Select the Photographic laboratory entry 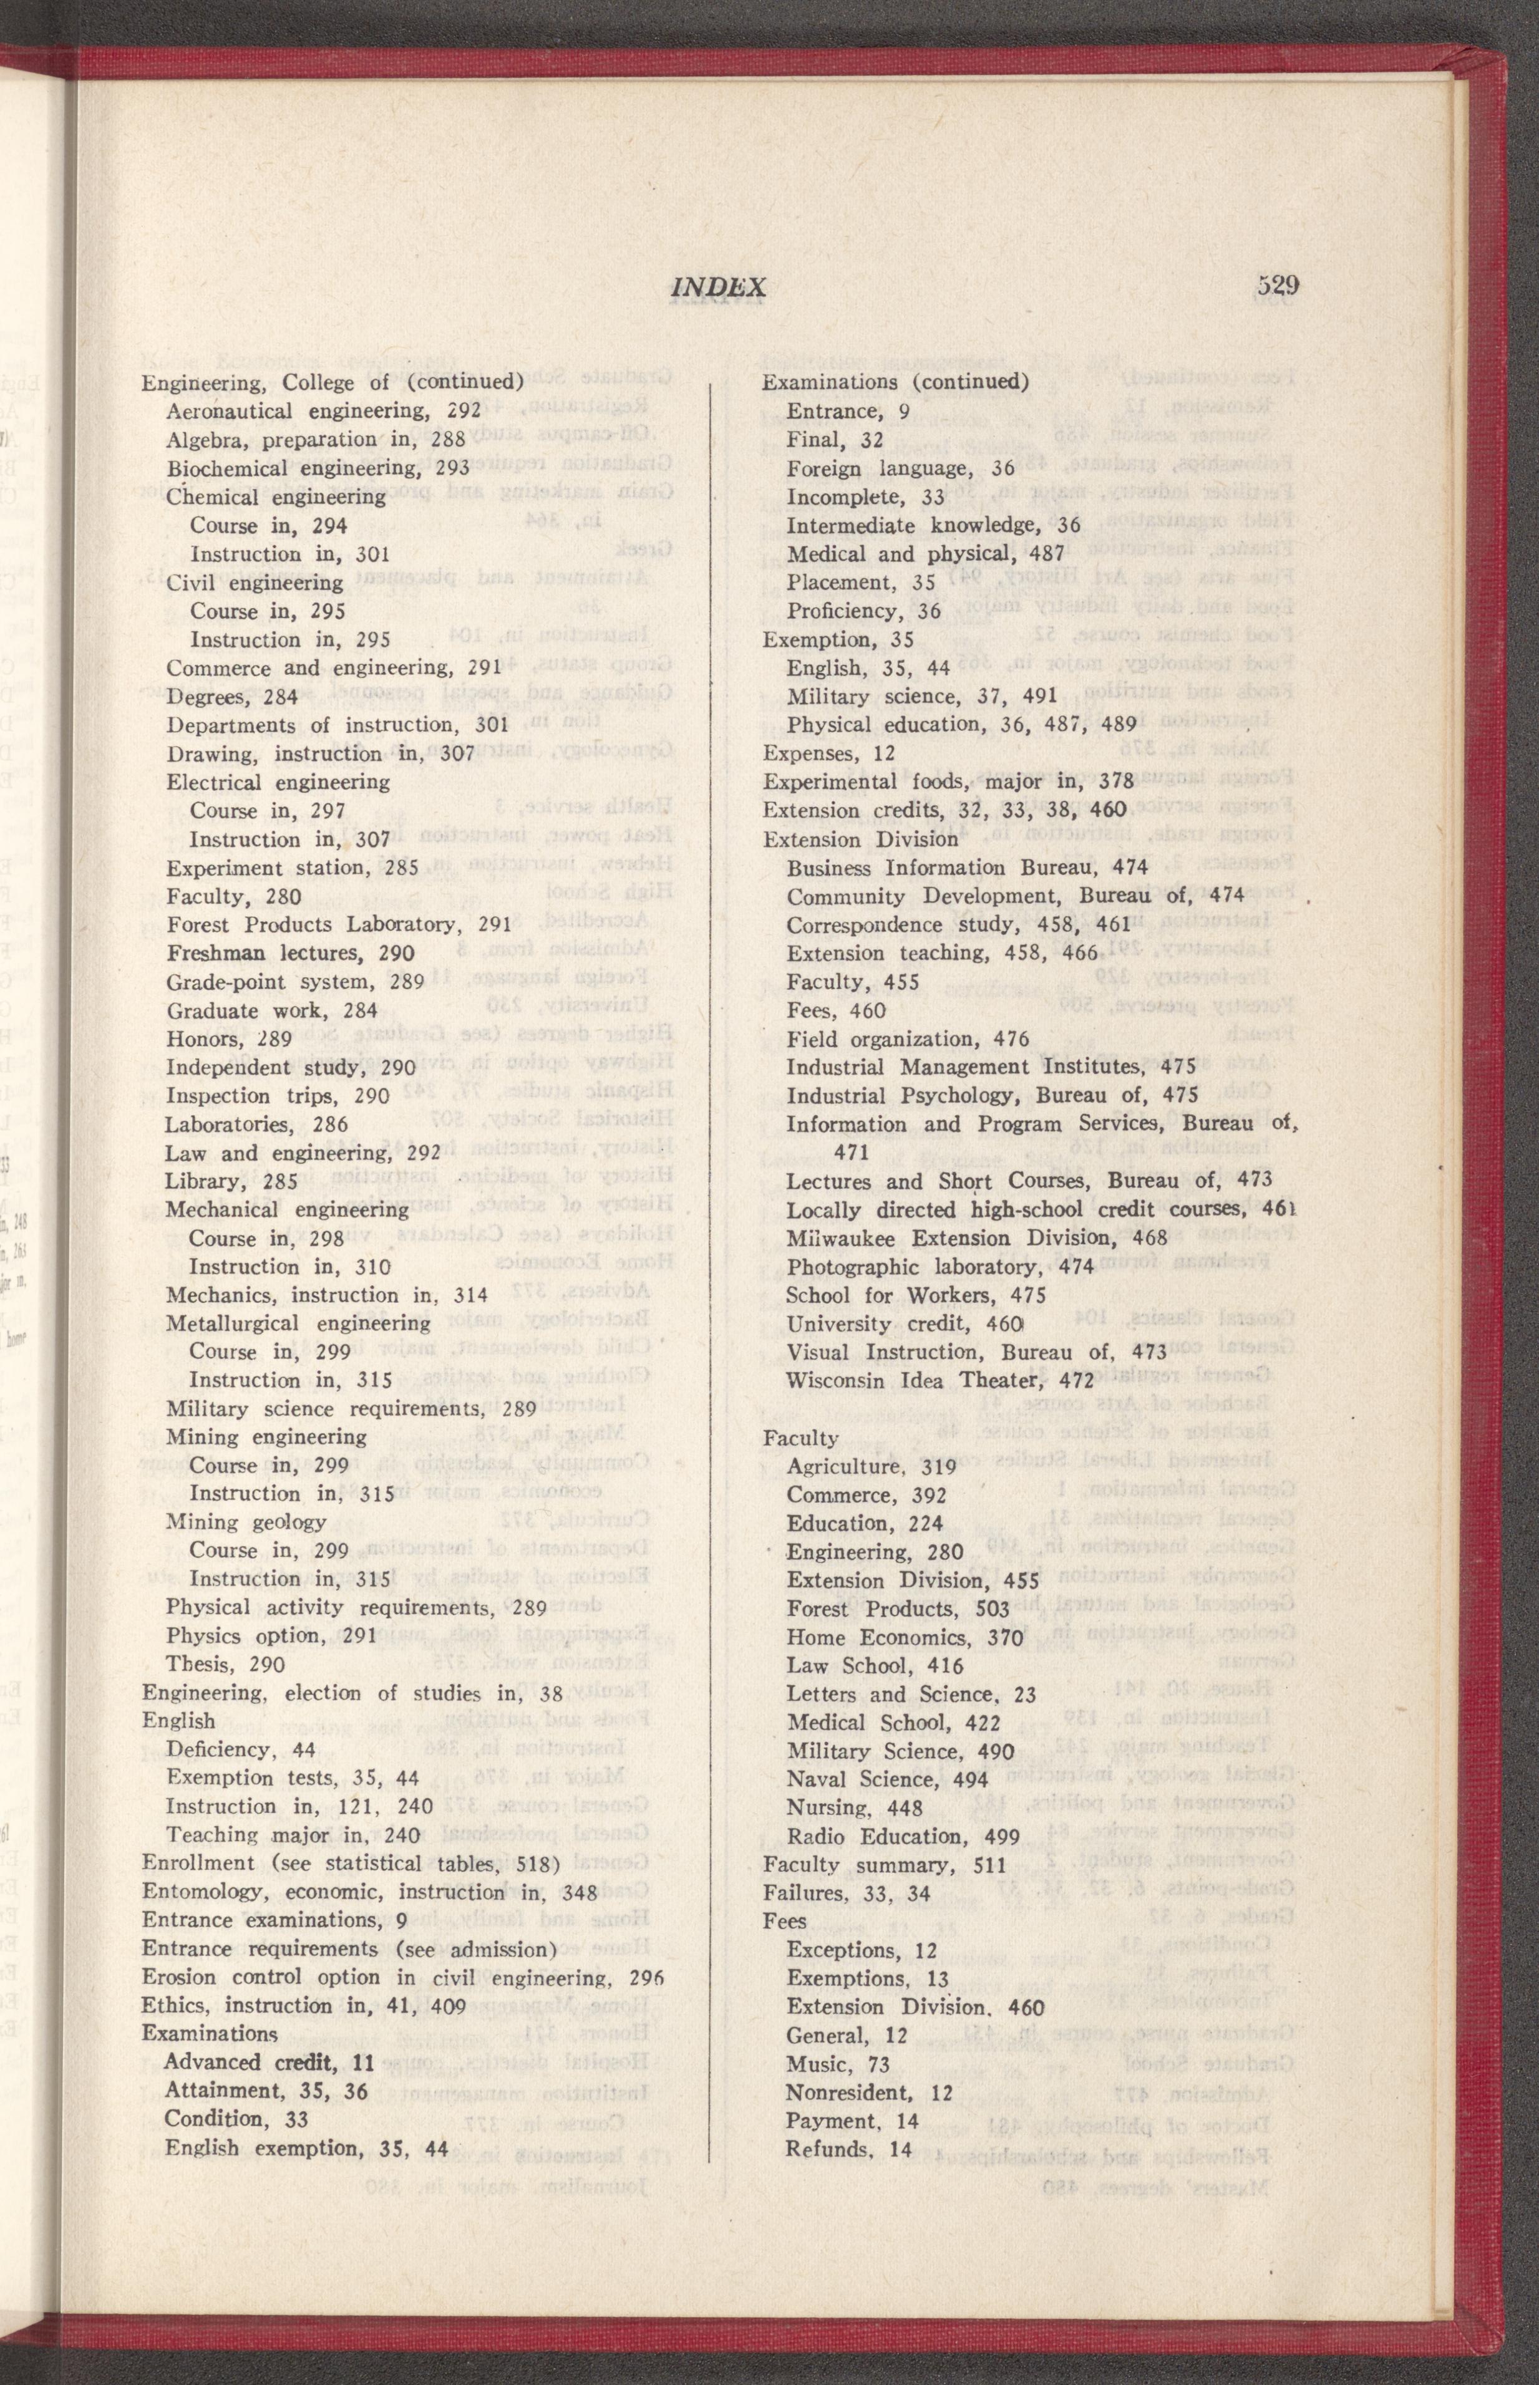coord(930,1267)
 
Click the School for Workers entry coord(915,1295)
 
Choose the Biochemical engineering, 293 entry coord(317,468)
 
